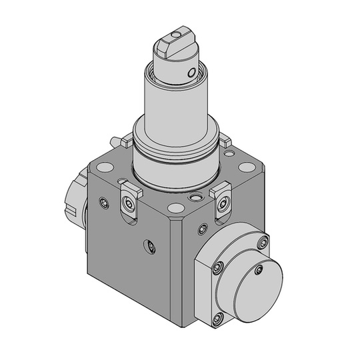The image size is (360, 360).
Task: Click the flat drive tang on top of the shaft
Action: click(174, 45)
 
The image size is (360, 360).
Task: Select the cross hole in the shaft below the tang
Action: click(191, 72)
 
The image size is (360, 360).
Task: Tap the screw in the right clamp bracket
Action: click(222, 201)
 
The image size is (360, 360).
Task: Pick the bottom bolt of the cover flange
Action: click(217, 321)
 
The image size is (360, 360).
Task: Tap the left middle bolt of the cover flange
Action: click(217, 268)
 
